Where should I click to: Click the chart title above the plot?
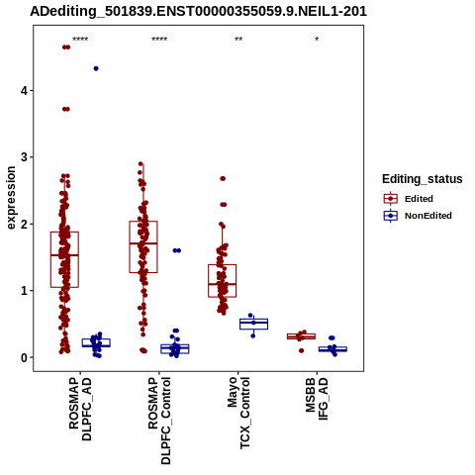click(x=198, y=11)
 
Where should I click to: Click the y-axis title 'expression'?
click(x=11, y=198)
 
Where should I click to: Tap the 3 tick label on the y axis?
click(x=25, y=157)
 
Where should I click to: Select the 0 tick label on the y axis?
click(x=25, y=357)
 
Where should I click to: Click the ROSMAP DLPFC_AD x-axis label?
click(x=80, y=409)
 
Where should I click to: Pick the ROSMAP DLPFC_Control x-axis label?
click(x=159, y=421)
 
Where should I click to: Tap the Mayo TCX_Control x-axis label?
click(x=238, y=413)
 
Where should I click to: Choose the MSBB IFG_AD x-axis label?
click(x=317, y=399)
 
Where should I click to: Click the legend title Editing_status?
click(x=423, y=179)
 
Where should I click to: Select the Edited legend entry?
click(x=408, y=199)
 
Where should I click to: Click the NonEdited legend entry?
click(x=418, y=216)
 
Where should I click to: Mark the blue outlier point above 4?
click(x=96, y=68)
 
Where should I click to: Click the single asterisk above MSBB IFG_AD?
click(x=317, y=40)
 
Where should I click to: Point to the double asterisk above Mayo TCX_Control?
click(x=238, y=40)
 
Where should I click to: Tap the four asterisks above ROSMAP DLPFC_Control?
click(x=159, y=40)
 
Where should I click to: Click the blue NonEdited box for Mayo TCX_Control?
click(x=253, y=319)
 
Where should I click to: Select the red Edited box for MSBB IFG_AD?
click(x=301, y=333)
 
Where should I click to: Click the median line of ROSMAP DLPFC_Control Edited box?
click(x=143, y=243)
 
